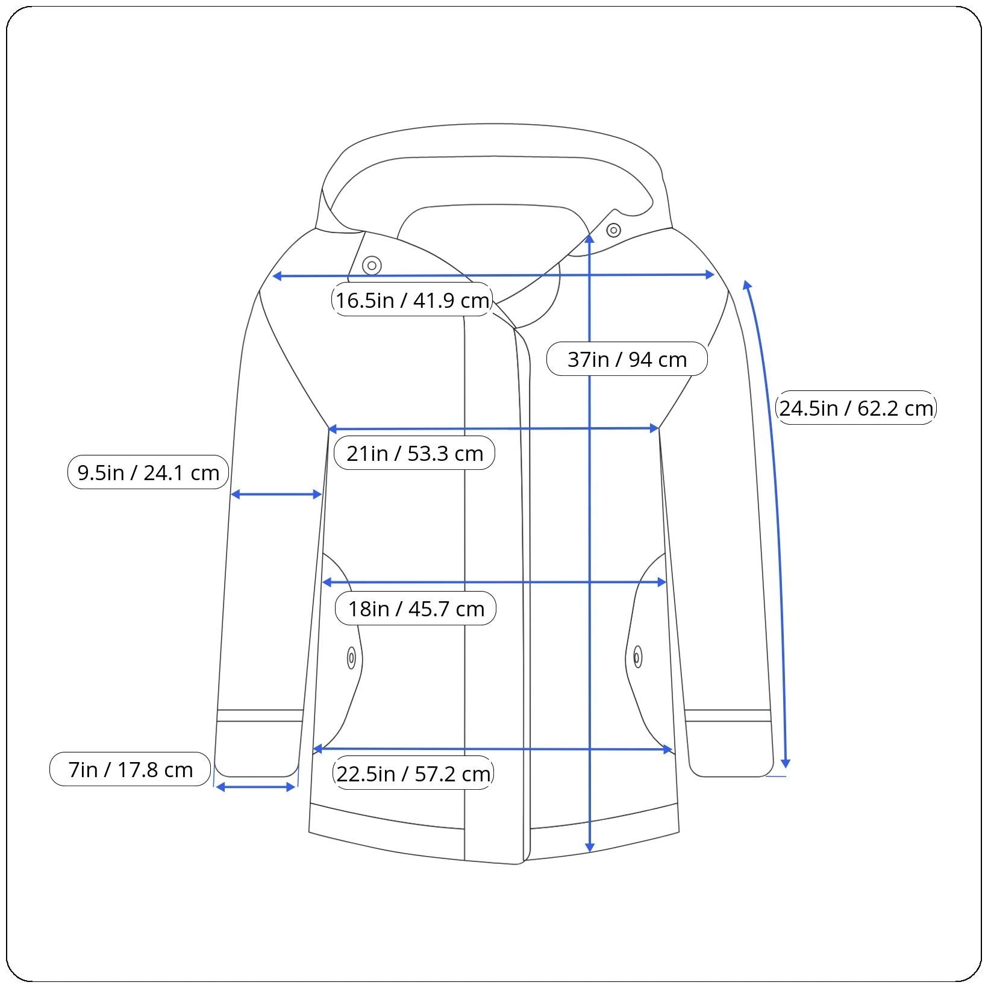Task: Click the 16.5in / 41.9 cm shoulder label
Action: pos(412,299)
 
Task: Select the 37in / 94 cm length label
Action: pos(627,359)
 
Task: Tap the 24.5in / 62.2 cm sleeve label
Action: pos(856,408)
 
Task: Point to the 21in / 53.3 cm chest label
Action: pos(414,453)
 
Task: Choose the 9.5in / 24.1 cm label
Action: pos(148,472)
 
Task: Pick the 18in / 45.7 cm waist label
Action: pos(416,608)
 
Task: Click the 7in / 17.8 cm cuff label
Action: pos(130,769)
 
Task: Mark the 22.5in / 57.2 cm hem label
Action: pos(413,773)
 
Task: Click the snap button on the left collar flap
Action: pos(372,265)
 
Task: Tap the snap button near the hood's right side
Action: pos(613,230)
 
